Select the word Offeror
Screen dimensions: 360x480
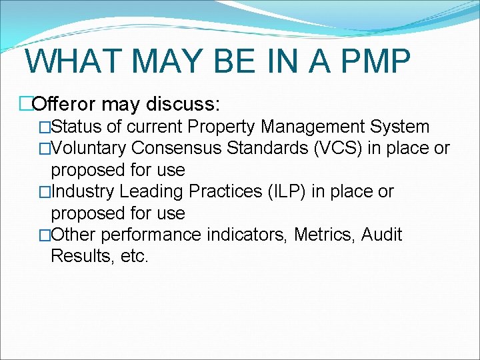pyautogui.click(x=65, y=104)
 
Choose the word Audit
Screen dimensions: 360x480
pyautogui.click(x=382, y=235)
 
